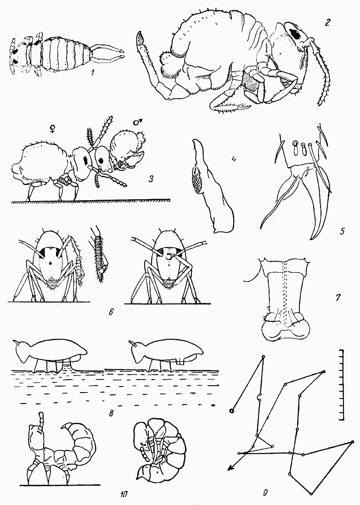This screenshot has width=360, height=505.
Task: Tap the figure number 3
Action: (x=151, y=179)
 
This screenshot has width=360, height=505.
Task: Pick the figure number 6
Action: (x=111, y=312)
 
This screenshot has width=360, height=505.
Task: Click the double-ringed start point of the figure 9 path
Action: (x=231, y=410)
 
